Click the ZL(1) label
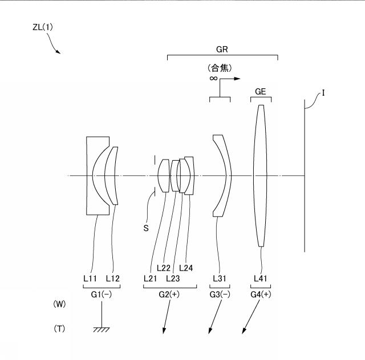click(43, 27)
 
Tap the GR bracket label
click(222, 50)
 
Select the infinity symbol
click(213, 79)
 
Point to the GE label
click(260, 92)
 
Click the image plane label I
click(323, 93)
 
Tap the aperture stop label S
click(146, 228)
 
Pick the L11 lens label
click(90, 279)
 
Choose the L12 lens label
click(113, 279)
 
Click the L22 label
click(164, 268)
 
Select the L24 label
click(186, 268)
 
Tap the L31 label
click(219, 279)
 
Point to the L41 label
click(260, 279)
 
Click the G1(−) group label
click(102, 294)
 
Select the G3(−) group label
click(220, 294)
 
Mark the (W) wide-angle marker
click(59, 304)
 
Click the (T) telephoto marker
click(59, 329)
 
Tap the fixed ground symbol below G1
click(102, 330)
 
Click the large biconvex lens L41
click(260, 175)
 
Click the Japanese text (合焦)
click(220, 68)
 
